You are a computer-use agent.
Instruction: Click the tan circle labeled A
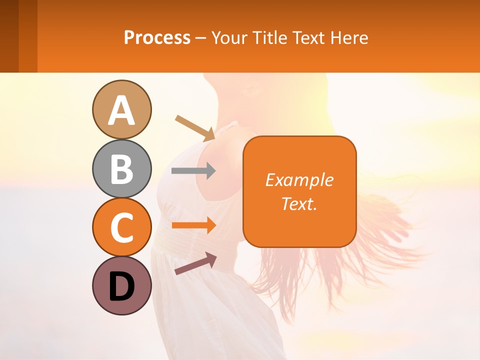(121, 109)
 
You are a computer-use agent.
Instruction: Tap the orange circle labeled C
(121, 227)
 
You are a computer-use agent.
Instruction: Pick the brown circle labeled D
(121, 285)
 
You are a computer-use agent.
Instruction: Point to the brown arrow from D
(195, 263)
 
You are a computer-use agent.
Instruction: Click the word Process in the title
(157, 37)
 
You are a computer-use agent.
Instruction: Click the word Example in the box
(299, 180)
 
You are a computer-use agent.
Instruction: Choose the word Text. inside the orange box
(299, 203)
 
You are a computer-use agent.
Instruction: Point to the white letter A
(121, 111)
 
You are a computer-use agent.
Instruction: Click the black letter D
(121, 287)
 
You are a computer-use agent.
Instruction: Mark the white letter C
(121, 228)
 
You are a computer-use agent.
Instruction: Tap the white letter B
(121, 169)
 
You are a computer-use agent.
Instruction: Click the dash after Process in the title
(201, 38)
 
